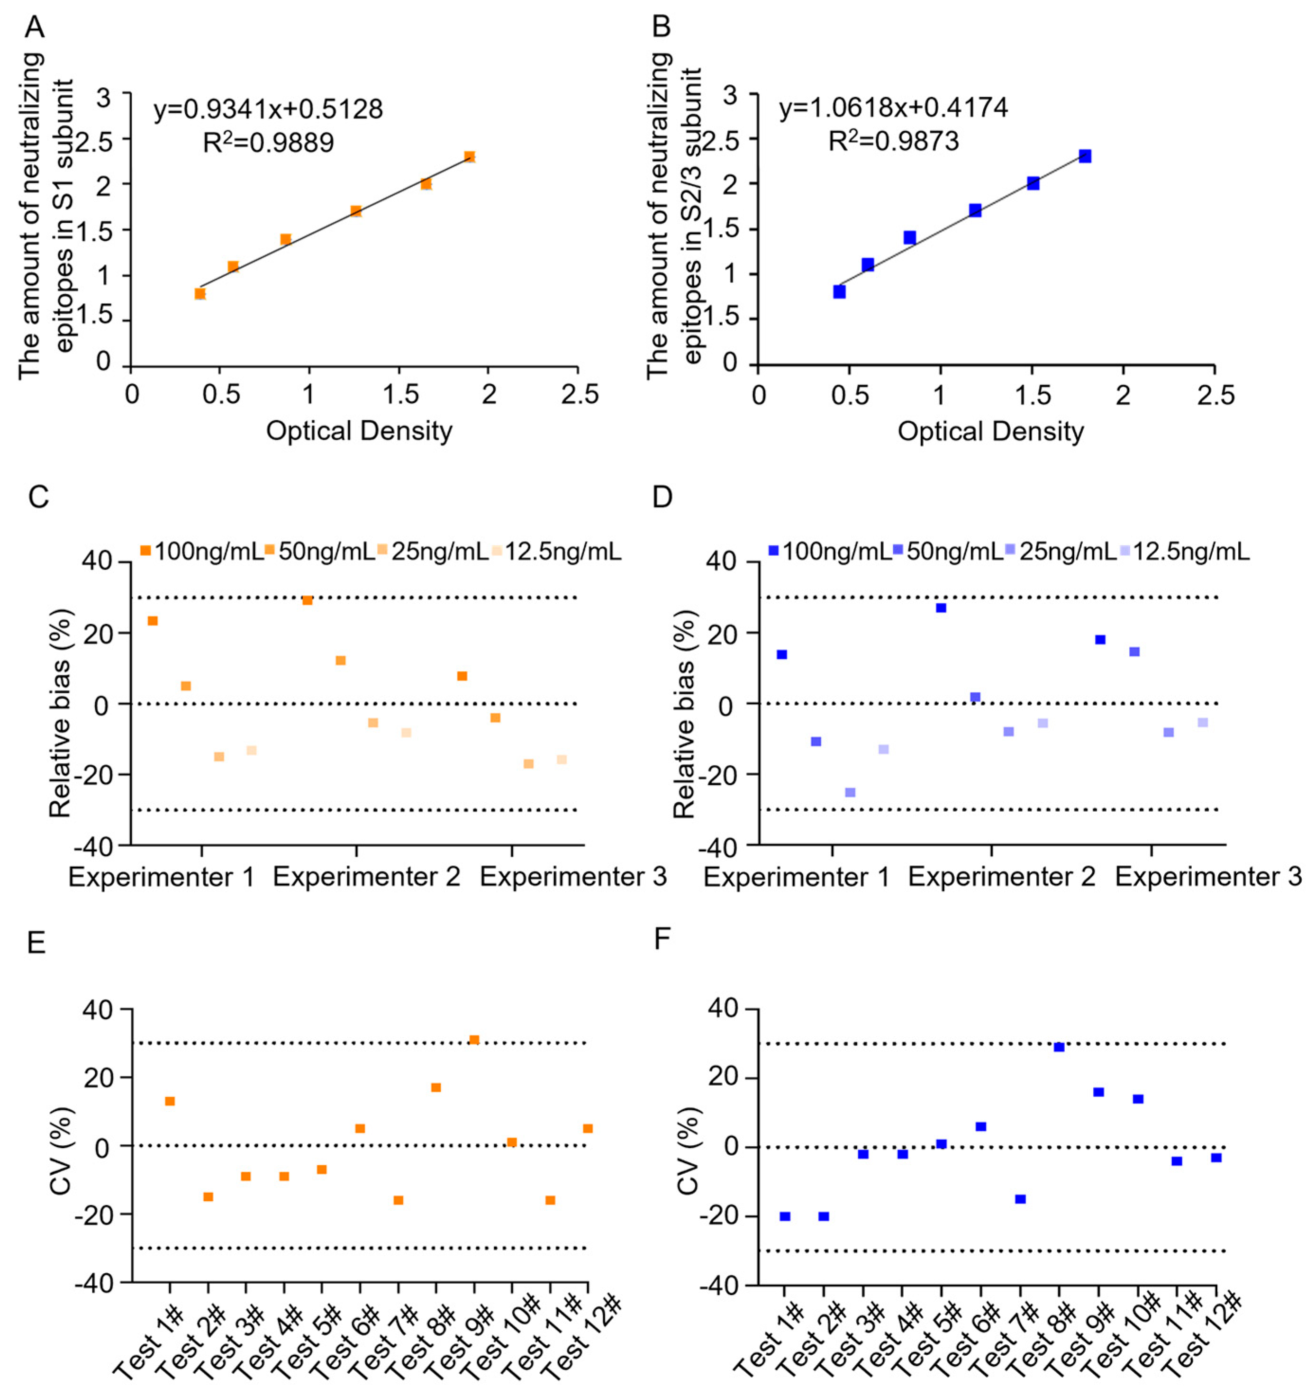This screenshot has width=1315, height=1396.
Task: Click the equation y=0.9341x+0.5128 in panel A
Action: click(x=268, y=109)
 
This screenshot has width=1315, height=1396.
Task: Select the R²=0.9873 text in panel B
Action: click(x=893, y=141)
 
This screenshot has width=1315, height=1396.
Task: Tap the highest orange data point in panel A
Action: click(x=470, y=156)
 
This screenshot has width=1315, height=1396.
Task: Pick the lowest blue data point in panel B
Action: click(x=839, y=291)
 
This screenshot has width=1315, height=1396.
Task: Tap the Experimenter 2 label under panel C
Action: click(x=366, y=877)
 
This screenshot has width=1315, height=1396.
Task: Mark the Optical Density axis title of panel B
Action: click(x=991, y=431)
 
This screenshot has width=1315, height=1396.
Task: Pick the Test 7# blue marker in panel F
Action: click(x=1020, y=1199)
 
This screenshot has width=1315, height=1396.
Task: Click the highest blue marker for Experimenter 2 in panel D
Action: click(x=941, y=607)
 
